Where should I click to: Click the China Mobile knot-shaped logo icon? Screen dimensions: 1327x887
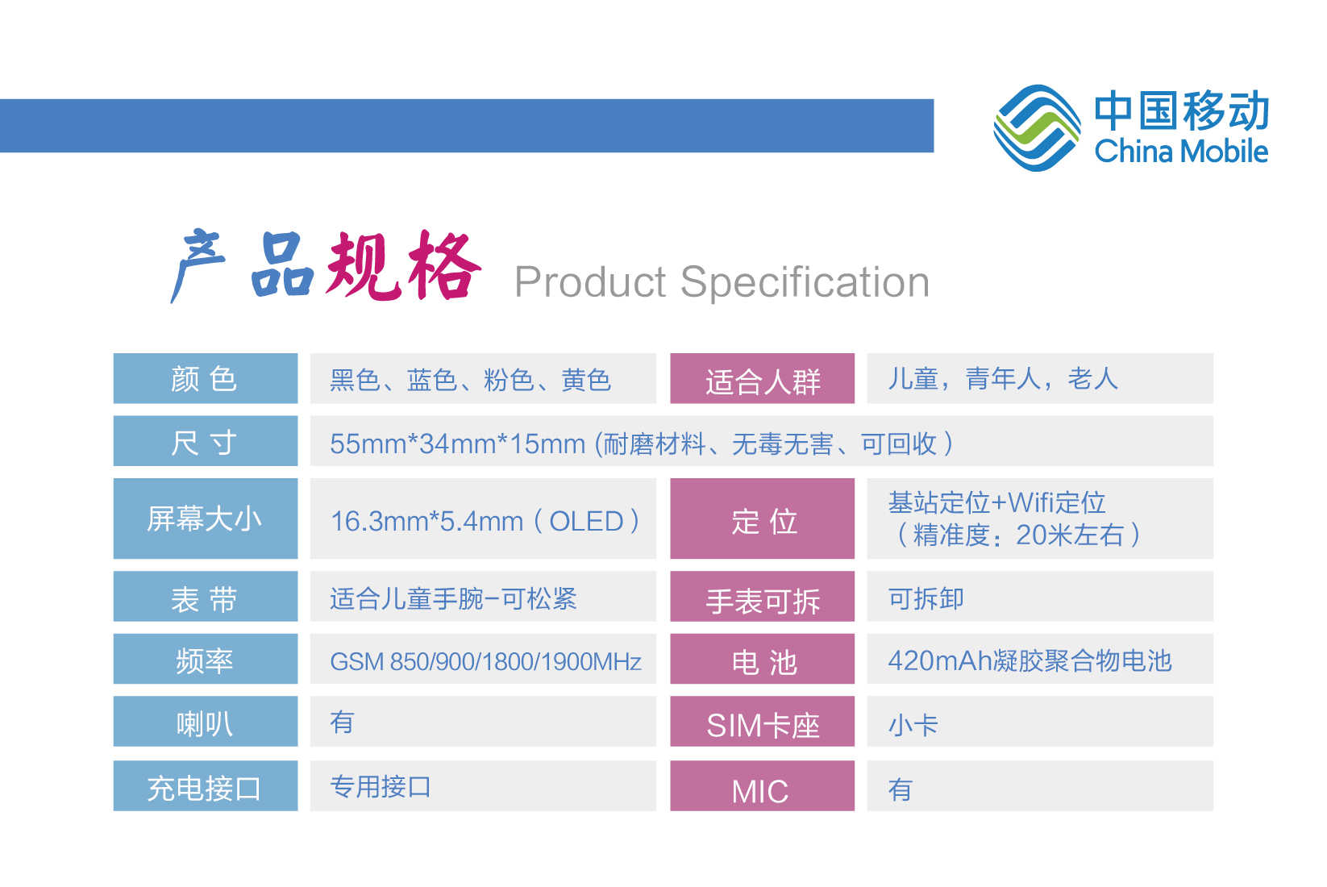click(x=1037, y=128)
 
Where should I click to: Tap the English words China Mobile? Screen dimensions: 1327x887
click(x=1181, y=151)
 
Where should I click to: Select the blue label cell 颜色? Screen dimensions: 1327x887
click(x=206, y=379)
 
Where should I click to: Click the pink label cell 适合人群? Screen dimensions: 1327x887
click(x=763, y=379)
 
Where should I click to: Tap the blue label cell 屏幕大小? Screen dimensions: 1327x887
click(x=206, y=518)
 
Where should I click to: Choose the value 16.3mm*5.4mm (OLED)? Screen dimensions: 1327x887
click(x=485, y=522)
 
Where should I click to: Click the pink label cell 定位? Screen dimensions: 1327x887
click(x=763, y=518)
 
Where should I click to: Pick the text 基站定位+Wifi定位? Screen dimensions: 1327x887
click(x=996, y=503)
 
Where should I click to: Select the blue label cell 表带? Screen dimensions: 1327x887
click(x=206, y=597)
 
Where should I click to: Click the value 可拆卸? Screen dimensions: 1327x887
click(x=926, y=598)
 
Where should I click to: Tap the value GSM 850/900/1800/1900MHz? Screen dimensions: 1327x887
click(x=486, y=661)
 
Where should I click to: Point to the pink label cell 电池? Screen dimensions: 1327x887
click(x=763, y=659)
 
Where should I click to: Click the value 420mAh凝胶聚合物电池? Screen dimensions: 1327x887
click(x=1030, y=660)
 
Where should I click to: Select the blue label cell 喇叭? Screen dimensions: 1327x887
click(x=206, y=721)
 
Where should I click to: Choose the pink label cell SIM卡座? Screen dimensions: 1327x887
click(x=763, y=721)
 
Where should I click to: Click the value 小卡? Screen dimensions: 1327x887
click(x=913, y=725)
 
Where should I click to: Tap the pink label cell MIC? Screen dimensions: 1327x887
click(x=763, y=785)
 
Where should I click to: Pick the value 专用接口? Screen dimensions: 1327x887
click(x=381, y=787)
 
